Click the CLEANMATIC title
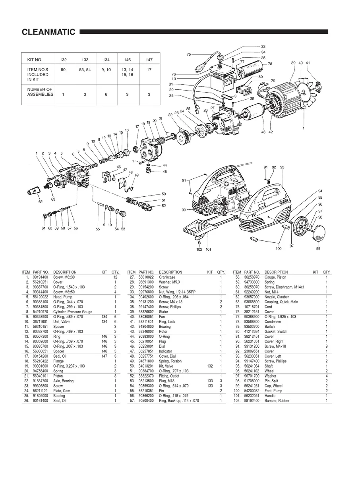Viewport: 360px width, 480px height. [48, 32]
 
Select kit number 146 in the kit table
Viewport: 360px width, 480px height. [127, 60]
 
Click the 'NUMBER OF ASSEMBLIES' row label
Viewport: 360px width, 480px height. [40, 92]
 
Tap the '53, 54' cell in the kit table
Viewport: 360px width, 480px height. [85, 70]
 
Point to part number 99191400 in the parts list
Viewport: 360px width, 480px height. [41, 277]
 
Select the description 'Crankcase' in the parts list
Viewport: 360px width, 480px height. [167, 277]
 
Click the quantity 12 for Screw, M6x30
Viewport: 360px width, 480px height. [115, 277]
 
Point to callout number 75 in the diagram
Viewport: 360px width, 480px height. [188, 54]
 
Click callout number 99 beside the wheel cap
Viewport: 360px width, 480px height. [318, 249]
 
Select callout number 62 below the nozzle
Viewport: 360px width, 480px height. [40, 202]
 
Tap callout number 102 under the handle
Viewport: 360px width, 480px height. [199, 250]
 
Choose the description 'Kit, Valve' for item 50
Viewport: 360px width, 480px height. [167, 366]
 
